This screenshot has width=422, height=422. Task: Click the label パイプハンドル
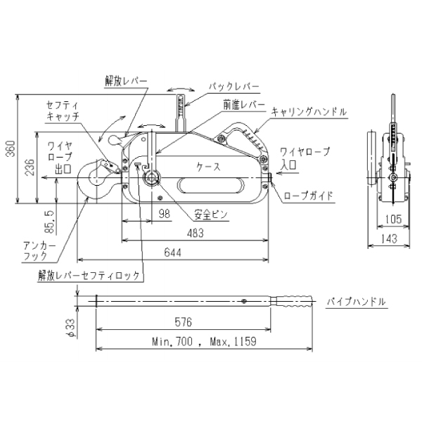click(357, 302)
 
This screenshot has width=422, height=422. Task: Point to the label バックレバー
click(234, 87)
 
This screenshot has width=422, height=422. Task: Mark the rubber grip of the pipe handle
click(296, 302)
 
